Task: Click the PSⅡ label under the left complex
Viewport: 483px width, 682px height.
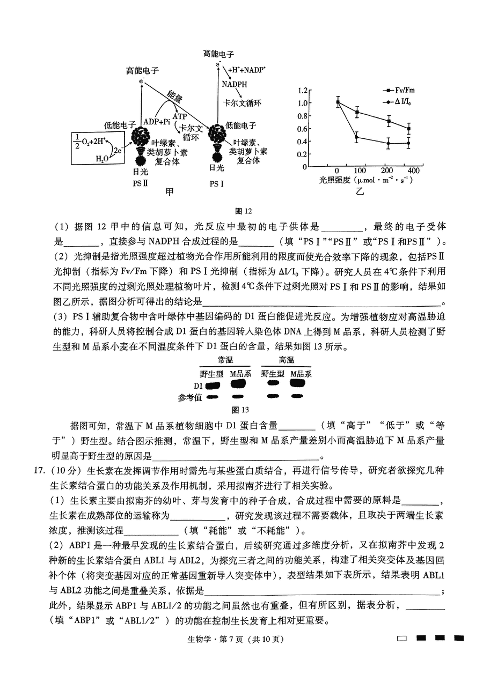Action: click(140, 182)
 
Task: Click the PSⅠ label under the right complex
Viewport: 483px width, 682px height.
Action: click(217, 182)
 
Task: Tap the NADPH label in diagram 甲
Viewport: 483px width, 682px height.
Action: click(234, 84)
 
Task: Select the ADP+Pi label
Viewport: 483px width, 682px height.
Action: click(157, 122)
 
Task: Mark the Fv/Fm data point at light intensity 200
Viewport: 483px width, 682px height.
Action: click(389, 121)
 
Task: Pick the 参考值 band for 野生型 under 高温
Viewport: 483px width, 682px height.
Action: click(273, 397)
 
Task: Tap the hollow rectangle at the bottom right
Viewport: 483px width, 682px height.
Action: click(402, 639)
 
